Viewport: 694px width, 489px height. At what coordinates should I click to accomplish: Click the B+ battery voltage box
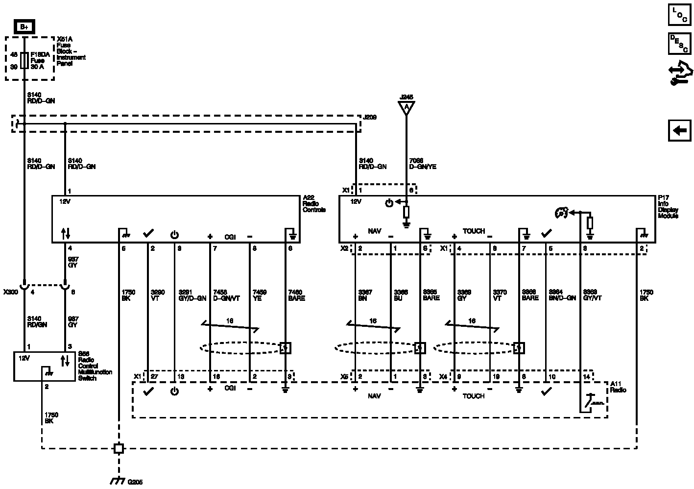(x=24, y=27)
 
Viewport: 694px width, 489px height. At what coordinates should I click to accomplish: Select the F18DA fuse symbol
(x=24, y=61)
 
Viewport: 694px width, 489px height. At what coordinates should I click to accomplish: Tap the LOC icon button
(x=679, y=15)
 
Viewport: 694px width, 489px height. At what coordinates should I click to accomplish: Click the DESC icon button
(x=679, y=44)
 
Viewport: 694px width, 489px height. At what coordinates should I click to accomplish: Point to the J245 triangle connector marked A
(x=406, y=107)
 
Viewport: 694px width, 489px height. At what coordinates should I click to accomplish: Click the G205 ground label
(x=135, y=482)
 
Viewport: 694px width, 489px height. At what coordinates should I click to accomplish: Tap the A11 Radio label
(x=618, y=387)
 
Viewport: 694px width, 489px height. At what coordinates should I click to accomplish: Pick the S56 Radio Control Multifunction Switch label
(x=95, y=366)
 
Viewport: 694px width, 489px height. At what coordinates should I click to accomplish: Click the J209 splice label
(x=370, y=118)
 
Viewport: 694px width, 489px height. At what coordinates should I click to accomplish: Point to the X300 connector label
(x=10, y=292)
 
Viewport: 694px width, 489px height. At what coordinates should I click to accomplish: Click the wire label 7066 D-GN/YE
(x=422, y=164)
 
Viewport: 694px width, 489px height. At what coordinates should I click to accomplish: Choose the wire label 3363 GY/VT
(x=592, y=295)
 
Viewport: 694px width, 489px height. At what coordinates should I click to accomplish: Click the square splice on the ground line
(x=119, y=448)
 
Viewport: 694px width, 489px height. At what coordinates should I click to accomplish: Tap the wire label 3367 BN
(x=365, y=295)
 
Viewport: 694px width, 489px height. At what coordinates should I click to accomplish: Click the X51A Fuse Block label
(x=71, y=51)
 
